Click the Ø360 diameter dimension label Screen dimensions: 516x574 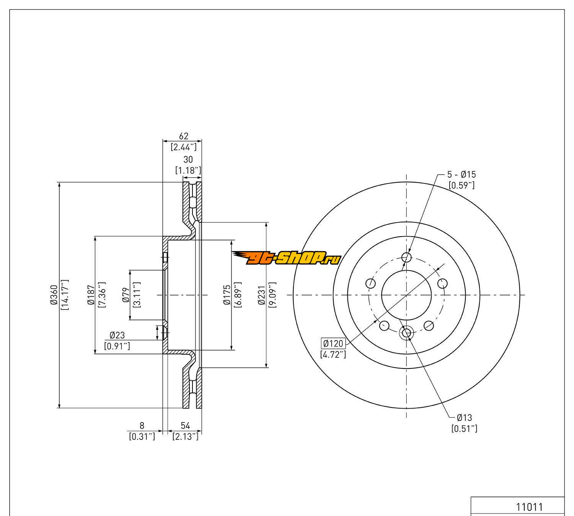pyautogui.click(x=54, y=295)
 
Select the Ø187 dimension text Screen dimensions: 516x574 pyautogui.click(x=91, y=295)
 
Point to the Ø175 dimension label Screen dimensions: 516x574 pyautogui.click(x=227, y=295)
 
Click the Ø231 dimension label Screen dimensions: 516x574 pyautogui.click(x=261, y=295)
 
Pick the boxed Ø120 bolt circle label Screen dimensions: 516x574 pyautogui.click(x=333, y=343)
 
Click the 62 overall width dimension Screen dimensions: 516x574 pyautogui.click(x=183, y=136)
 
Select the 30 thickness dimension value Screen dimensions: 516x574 pyautogui.click(x=188, y=159)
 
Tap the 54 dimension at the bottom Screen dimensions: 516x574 pyautogui.click(x=185, y=425)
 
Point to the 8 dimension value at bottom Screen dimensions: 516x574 pyautogui.click(x=142, y=425)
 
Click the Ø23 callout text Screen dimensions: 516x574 pyautogui.click(x=117, y=335)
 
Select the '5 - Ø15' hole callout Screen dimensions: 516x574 pyautogui.click(x=461, y=175)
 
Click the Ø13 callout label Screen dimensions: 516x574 pyautogui.click(x=464, y=418)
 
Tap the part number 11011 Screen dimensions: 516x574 pyautogui.click(x=530, y=507)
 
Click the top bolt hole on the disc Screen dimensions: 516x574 pyautogui.click(x=406, y=257)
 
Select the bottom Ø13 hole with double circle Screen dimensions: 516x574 pyautogui.click(x=406, y=333)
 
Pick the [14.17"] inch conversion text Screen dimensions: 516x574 pyautogui.click(x=65, y=295)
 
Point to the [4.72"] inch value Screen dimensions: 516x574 pyautogui.click(x=333, y=354)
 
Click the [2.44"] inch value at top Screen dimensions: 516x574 pyautogui.click(x=183, y=147)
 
